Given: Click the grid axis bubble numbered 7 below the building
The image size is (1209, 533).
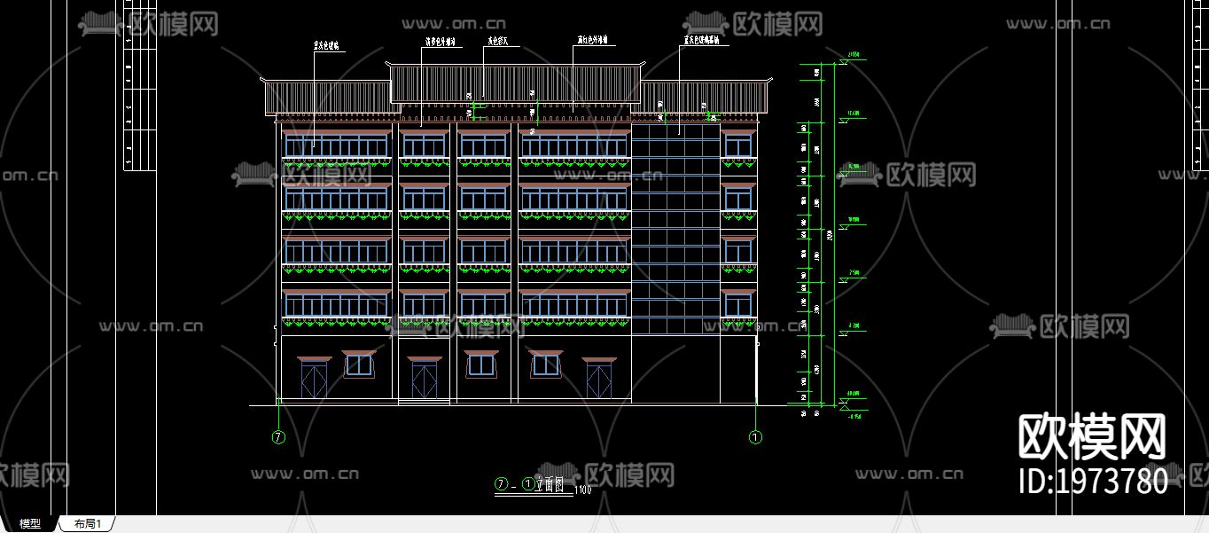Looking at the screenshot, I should [x=278, y=437].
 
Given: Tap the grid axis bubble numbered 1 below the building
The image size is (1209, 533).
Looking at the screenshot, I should [x=755, y=437].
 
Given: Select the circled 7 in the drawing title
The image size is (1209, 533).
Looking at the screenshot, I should [x=502, y=484].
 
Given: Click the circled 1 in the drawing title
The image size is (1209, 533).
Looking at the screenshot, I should [x=529, y=484].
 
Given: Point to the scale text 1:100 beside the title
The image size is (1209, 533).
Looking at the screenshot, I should [x=583, y=489].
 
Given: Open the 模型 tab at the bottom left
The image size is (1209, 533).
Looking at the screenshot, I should [x=30, y=524].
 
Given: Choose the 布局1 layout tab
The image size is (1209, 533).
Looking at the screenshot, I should [x=88, y=524].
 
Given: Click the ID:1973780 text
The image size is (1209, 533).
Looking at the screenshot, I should [x=1094, y=482].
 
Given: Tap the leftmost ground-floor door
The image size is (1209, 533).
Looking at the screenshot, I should [x=314, y=380].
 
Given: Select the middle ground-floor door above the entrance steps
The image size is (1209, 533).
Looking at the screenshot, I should [x=425, y=380].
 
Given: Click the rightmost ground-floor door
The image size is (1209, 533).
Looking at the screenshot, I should [x=599, y=380].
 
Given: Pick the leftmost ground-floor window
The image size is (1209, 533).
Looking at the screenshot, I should [x=359, y=364].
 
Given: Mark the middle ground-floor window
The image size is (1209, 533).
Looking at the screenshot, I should [x=480, y=364].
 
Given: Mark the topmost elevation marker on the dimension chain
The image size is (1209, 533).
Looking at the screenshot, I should [x=854, y=55].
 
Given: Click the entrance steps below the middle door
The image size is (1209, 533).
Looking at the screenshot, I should [x=425, y=402].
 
